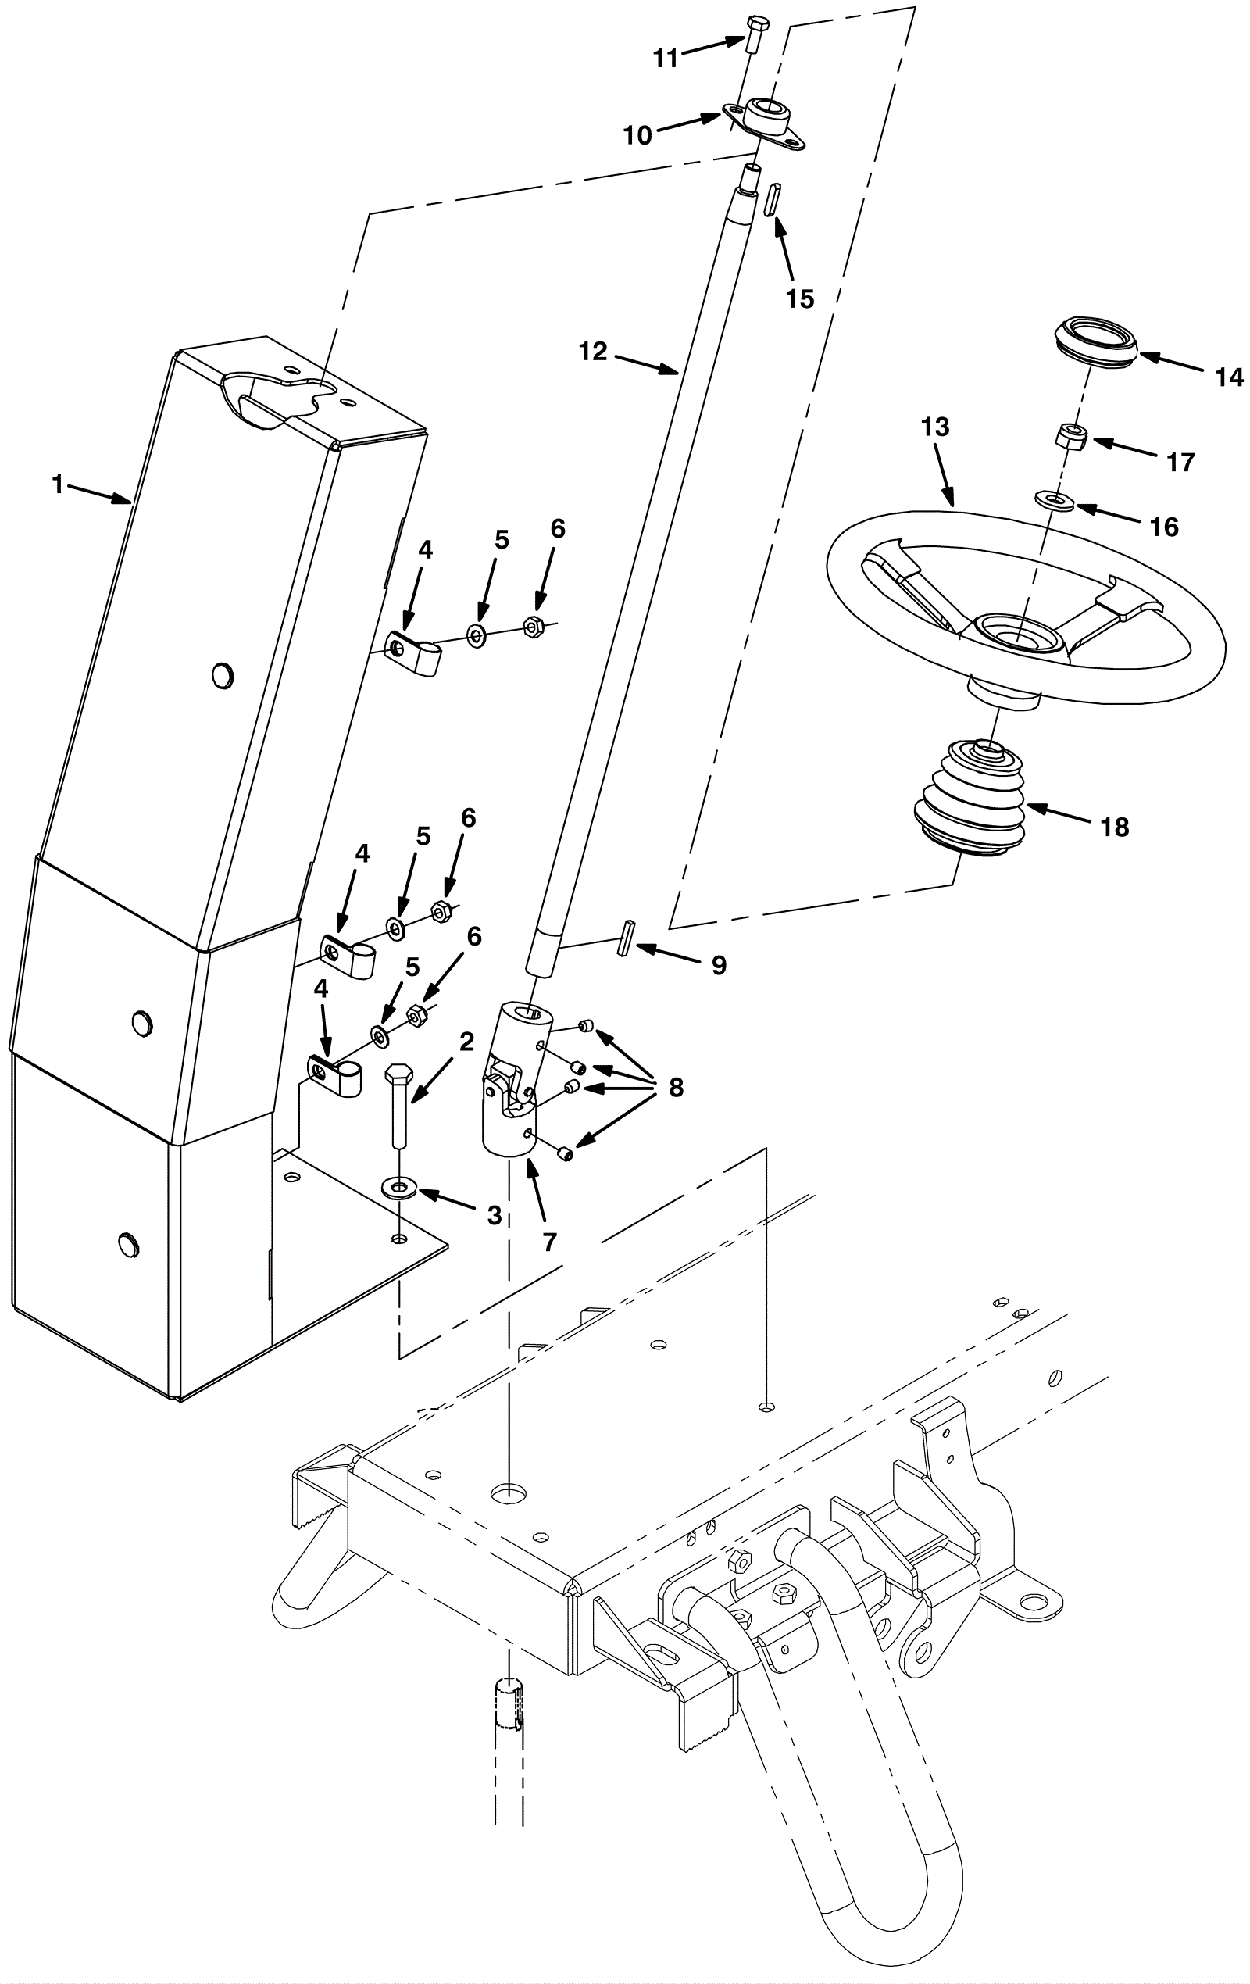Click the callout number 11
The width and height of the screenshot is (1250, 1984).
tap(665, 59)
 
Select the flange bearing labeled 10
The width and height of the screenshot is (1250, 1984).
tap(764, 123)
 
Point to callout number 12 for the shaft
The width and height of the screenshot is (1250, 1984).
tap(593, 352)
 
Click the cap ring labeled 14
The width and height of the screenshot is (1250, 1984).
tap(1097, 338)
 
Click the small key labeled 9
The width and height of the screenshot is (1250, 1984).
tap(623, 938)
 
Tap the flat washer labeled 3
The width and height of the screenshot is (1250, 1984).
tap(401, 1187)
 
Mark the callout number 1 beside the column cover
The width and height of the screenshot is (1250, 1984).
tap(58, 484)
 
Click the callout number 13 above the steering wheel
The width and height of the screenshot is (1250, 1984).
tap(935, 427)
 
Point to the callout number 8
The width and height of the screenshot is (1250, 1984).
tap(677, 1088)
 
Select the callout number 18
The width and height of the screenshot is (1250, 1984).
tap(1115, 828)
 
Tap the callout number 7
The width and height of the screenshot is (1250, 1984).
tap(549, 1242)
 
